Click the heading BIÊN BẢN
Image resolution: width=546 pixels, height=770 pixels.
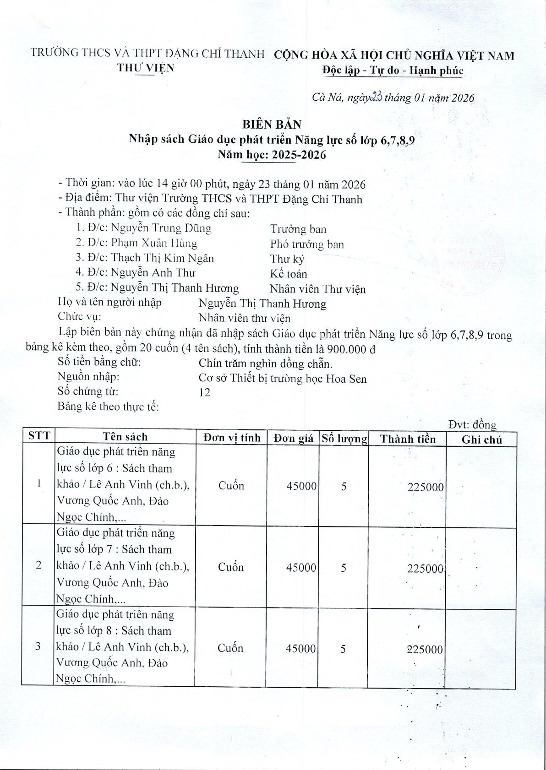coord(272,125)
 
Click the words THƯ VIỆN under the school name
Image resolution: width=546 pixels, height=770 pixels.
coord(146,68)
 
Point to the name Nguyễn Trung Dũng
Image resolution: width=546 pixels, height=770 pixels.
coord(161,228)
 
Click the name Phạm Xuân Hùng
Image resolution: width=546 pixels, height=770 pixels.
coord(154,243)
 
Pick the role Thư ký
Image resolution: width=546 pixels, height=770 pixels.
coord(287,259)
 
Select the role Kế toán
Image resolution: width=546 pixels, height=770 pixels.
coord(288,274)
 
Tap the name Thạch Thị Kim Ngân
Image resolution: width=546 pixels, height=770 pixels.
coord(162,258)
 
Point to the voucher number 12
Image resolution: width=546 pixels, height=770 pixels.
coord(204,392)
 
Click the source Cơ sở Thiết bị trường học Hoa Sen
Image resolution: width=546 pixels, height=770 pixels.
coord(283,378)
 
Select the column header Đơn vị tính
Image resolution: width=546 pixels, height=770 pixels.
coord(232,438)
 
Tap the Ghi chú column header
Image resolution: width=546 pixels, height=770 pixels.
coord(481,439)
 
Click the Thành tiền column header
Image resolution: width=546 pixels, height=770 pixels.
coord(408,439)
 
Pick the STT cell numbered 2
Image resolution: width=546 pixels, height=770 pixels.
coord(38,565)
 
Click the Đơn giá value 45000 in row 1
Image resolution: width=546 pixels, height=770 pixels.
coord(301,486)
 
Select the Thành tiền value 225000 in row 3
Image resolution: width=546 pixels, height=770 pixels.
coord(425,649)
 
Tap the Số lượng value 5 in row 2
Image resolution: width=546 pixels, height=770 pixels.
coord(344,568)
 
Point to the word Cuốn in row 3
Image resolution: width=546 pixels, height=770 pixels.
coord(230,648)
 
